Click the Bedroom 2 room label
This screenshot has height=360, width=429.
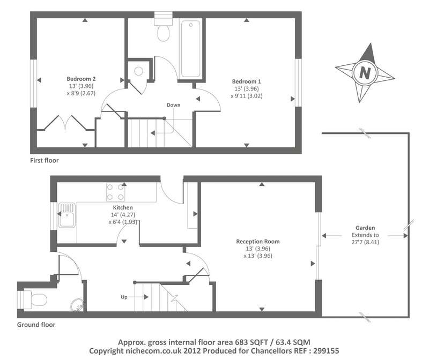click(x=81, y=79)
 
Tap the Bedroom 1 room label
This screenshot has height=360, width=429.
click(x=247, y=81)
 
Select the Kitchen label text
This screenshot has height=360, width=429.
click(x=123, y=208)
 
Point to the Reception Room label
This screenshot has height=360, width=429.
click(x=258, y=242)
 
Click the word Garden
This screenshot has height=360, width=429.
click(x=365, y=228)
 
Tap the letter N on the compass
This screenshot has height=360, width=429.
click(x=365, y=73)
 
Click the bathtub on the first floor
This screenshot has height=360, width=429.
click(x=190, y=49)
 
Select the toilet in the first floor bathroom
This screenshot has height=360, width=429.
click(x=164, y=29)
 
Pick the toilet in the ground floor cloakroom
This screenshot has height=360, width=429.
click(x=32, y=299)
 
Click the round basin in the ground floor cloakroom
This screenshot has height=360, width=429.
click(x=77, y=305)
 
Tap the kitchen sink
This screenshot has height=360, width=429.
click(x=66, y=215)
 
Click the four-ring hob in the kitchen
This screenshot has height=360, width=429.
click(x=115, y=192)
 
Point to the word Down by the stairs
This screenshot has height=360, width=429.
click(x=173, y=105)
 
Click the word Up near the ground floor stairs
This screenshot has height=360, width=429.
click(x=124, y=297)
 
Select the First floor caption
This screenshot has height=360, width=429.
click(x=45, y=161)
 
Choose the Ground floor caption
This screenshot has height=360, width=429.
click(x=36, y=325)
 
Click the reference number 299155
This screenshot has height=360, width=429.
click(x=326, y=351)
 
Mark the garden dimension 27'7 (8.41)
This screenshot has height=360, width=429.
click(x=365, y=242)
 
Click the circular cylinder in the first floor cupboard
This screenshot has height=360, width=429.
click(x=139, y=71)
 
